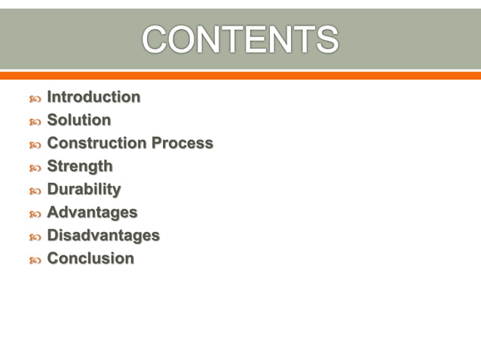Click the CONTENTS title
(x=240, y=40)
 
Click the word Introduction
(x=93, y=97)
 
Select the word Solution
(x=78, y=120)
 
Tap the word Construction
(x=97, y=143)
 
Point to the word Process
(x=182, y=143)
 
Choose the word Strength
(x=80, y=166)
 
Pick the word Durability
(x=84, y=189)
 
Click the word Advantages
(x=92, y=212)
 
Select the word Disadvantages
(x=103, y=236)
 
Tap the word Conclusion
(x=90, y=258)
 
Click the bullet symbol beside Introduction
(x=34, y=99)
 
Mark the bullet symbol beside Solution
(x=34, y=121)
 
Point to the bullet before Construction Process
(x=34, y=145)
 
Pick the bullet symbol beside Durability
(x=34, y=191)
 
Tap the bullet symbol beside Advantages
(x=34, y=214)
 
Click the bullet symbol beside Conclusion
(x=34, y=260)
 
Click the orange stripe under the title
(x=240, y=75)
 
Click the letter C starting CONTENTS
(x=155, y=40)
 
